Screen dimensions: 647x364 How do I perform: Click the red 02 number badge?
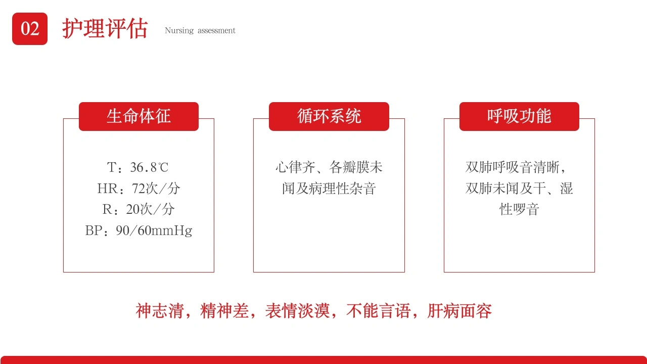point(30,29)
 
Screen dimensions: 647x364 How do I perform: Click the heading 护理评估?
point(105,29)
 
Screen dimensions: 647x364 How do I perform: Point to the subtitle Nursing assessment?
point(200,30)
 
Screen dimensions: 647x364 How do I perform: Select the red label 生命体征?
point(138,116)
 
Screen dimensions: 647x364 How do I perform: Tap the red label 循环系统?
point(329,116)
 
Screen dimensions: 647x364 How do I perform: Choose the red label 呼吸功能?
point(519,116)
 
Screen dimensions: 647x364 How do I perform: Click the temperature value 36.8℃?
point(149,167)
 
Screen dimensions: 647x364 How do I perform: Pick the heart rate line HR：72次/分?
point(138,189)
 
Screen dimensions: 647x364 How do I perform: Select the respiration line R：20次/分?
point(138,209)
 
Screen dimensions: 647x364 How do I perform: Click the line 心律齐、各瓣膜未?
point(329,167)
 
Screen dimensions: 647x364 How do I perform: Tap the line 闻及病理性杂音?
point(329,189)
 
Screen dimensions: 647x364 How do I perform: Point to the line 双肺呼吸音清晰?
point(516,167)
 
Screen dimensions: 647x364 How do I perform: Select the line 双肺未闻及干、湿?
point(519,189)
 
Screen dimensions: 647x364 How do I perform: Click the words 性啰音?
point(519,209)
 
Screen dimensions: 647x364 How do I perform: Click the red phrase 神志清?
point(160,311)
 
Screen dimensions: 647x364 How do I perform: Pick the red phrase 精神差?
point(224,311)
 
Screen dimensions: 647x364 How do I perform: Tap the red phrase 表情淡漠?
point(298,311)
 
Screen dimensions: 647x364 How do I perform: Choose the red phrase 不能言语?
point(379,311)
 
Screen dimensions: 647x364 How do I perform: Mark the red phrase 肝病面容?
point(459,311)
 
